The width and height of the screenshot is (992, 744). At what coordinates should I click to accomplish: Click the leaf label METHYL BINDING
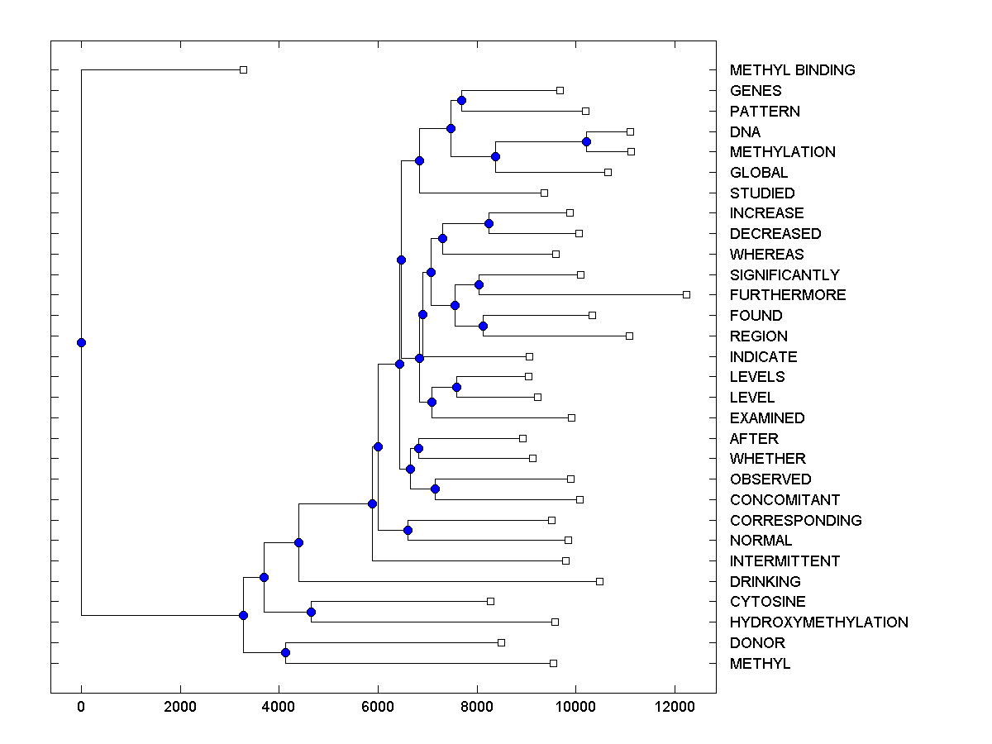(792, 70)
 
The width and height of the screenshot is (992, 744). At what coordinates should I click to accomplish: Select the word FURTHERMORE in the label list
(787, 295)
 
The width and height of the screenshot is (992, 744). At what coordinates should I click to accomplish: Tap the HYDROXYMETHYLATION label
(818, 622)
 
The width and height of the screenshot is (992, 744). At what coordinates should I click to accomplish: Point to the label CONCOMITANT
(784, 500)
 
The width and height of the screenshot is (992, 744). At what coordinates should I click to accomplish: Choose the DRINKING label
(765, 582)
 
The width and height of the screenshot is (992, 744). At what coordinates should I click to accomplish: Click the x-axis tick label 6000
(378, 706)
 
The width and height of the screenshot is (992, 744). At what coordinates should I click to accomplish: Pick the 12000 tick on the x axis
(675, 706)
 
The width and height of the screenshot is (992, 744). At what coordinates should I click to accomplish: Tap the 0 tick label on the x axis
(81, 706)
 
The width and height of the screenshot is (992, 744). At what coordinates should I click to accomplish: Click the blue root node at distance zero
(81, 342)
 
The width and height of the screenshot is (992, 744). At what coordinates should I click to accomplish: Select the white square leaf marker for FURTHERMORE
(686, 294)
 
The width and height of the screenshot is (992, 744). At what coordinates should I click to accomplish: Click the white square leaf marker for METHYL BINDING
(243, 69)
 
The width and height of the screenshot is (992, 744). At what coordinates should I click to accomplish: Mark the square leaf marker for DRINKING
(600, 581)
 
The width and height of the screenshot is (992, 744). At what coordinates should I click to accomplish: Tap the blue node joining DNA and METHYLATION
(586, 141)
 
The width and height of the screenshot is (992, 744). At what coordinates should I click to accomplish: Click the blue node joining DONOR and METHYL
(285, 653)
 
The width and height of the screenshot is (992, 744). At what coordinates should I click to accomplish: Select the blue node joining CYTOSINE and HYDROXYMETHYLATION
(311, 612)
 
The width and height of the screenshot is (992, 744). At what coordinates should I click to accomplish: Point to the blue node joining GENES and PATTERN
(461, 100)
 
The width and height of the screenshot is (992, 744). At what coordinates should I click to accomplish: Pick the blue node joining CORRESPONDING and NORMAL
(408, 530)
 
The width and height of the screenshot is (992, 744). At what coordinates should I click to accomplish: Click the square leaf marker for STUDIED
(544, 193)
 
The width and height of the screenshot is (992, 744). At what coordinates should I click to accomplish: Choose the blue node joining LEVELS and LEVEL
(456, 387)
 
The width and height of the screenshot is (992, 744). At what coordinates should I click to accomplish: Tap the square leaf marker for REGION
(629, 336)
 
